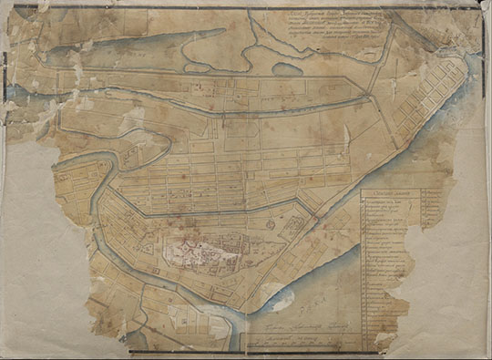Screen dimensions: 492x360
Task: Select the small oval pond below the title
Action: (285, 68)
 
